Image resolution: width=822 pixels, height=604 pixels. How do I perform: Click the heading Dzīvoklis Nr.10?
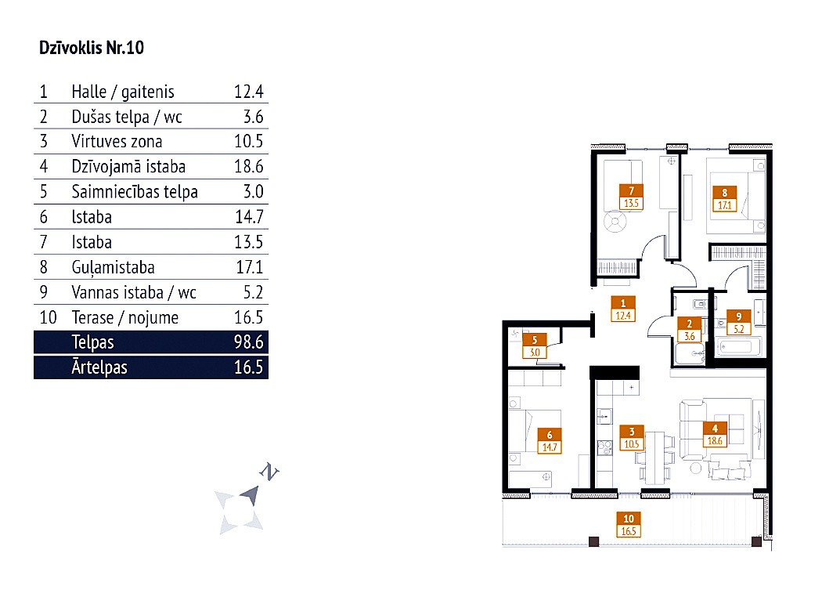[92, 49]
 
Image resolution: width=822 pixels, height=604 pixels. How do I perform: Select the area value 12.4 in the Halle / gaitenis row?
[249, 92]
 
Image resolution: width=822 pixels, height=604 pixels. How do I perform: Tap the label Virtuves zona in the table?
[117, 142]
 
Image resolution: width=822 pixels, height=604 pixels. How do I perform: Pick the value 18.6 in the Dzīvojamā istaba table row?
[249, 167]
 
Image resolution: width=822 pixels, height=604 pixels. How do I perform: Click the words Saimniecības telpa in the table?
[134, 192]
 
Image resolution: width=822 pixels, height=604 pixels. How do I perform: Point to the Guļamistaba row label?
[113, 267]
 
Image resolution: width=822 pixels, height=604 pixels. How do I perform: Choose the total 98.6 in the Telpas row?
[248, 342]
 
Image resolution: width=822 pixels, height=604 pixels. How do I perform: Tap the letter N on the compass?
[270, 472]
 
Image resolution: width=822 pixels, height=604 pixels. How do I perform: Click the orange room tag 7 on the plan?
[631, 190]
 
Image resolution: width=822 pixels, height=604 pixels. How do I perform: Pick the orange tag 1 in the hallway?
[622, 303]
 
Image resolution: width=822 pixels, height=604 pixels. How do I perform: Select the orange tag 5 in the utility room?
[534, 341]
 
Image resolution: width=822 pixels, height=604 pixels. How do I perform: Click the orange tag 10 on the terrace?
[629, 518]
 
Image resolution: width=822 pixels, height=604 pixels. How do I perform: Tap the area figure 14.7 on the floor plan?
[551, 447]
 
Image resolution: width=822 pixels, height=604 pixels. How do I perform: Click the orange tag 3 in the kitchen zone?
[631, 431]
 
